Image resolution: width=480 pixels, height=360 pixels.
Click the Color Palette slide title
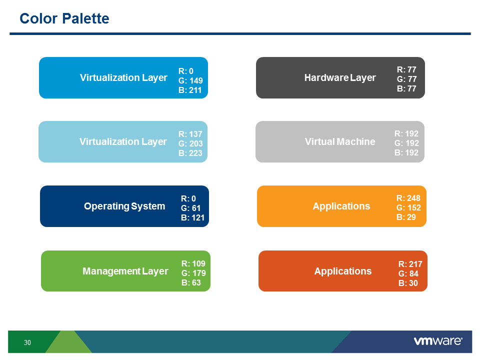click(64, 19)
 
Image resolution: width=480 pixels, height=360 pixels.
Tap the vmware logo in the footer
click(437, 341)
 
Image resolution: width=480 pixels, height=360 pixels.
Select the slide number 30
click(27, 342)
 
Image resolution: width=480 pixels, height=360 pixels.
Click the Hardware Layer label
click(339, 77)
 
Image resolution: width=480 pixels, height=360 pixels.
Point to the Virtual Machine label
click(339, 141)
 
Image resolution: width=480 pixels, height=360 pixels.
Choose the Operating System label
click(124, 206)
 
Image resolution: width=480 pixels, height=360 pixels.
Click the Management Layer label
click(125, 271)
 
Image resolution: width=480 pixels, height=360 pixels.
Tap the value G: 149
click(190, 80)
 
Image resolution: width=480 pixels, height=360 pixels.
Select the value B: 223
click(190, 153)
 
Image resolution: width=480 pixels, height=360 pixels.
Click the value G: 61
click(190, 208)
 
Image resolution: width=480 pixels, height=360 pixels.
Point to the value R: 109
click(193, 263)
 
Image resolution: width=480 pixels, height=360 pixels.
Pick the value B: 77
click(406, 88)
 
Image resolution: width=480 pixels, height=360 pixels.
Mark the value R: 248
click(408, 198)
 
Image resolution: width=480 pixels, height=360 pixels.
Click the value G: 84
click(408, 273)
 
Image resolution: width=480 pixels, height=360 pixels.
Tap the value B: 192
click(406, 152)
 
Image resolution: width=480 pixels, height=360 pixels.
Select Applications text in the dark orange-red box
click(342, 271)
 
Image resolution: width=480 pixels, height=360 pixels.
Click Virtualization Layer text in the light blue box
click(123, 141)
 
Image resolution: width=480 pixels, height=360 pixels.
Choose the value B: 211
click(190, 90)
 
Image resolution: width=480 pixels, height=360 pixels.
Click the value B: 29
click(405, 217)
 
